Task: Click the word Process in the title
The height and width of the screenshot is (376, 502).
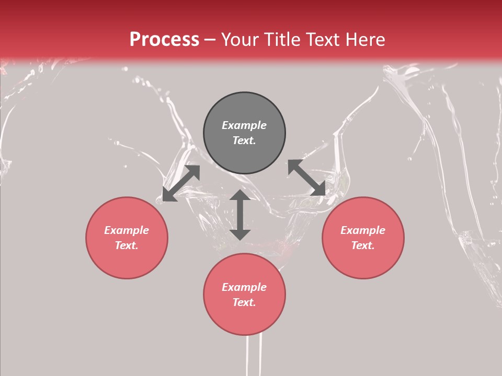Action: pyautogui.click(x=164, y=40)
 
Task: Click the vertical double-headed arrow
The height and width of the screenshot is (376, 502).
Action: pyautogui.click(x=240, y=215)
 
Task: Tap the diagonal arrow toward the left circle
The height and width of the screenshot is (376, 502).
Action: pyautogui.click(x=181, y=183)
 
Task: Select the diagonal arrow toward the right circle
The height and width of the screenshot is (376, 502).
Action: pyautogui.click(x=306, y=178)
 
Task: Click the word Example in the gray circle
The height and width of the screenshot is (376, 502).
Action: pyautogui.click(x=244, y=125)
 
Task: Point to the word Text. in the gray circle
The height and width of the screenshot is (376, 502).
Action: pyautogui.click(x=244, y=140)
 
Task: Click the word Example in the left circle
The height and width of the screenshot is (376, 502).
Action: pyautogui.click(x=127, y=230)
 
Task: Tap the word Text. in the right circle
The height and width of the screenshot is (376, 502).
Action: pyautogui.click(x=363, y=245)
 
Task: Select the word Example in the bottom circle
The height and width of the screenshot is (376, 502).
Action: pyautogui.click(x=244, y=287)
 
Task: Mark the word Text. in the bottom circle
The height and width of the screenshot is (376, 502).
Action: pyautogui.click(x=244, y=302)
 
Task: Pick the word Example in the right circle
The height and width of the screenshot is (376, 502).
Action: pyautogui.click(x=363, y=230)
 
